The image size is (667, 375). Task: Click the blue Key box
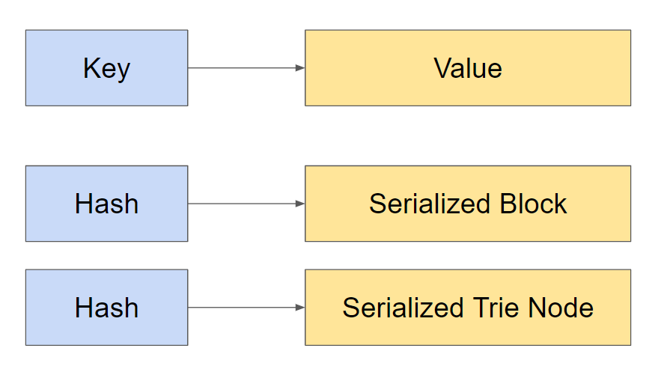click(x=106, y=68)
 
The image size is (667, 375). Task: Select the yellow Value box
click(x=467, y=68)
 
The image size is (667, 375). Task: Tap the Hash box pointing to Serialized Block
click(x=106, y=204)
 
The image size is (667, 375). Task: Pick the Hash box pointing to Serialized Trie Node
click(x=106, y=308)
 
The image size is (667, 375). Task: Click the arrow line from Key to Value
click(x=240, y=68)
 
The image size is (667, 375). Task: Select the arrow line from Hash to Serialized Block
click(x=240, y=204)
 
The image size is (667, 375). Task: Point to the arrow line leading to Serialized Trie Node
click(x=240, y=308)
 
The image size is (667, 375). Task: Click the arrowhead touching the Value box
click(x=300, y=68)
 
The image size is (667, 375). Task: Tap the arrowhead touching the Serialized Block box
click(x=300, y=204)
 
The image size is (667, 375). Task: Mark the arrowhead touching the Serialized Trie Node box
click(x=300, y=308)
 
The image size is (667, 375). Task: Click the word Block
click(x=534, y=204)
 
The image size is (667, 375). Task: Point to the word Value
click(x=467, y=68)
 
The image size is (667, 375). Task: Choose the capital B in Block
click(x=507, y=204)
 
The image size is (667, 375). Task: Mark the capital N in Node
click(x=538, y=308)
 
